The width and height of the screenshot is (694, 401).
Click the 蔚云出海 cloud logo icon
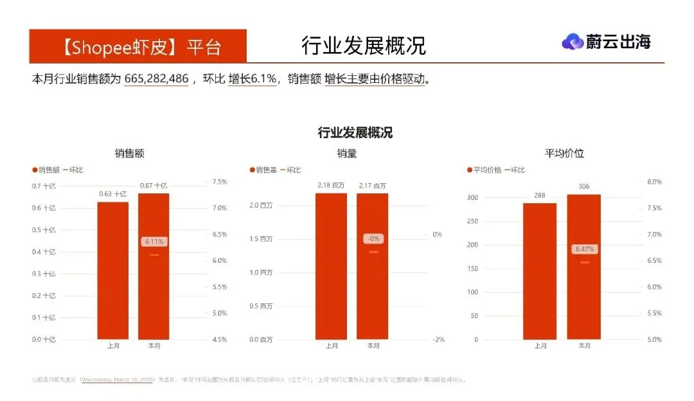coord(572,42)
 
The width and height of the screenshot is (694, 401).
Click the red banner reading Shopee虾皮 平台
coord(138,46)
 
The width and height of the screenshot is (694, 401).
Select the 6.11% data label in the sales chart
coord(154,242)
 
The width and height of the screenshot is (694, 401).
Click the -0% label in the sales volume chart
coord(373,238)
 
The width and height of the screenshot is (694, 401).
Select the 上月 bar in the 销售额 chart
coord(112,270)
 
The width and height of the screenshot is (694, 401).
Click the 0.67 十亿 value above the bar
coord(154,186)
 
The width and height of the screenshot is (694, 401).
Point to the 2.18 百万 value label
coord(331,186)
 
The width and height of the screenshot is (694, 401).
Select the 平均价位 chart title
coord(564,154)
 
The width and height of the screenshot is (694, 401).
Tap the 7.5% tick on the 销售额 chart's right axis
coord(219,182)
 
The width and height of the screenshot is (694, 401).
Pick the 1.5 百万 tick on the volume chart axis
coord(260,239)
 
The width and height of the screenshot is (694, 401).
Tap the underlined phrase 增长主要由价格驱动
coord(375,79)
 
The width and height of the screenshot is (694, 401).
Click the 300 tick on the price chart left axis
coord(472,197)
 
